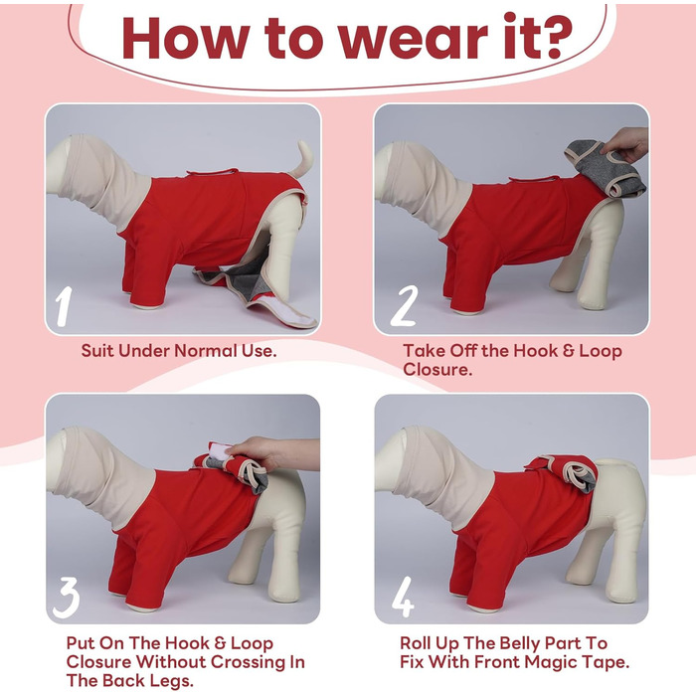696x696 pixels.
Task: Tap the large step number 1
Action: pos(64,306)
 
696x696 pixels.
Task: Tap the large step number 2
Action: pos(404,306)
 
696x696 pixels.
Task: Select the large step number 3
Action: pos(66,598)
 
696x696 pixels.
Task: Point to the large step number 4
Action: pos(403,597)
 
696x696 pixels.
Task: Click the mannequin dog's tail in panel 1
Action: pos(301,161)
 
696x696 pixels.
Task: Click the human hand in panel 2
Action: pos(624,143)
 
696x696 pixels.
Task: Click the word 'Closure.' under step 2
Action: pos(437,369)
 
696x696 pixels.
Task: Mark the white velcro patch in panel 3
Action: pos(218,449)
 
